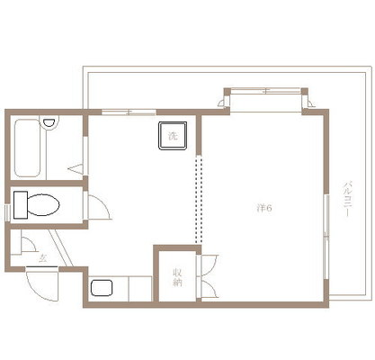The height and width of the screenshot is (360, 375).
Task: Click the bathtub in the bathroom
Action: click(x=27, y=148)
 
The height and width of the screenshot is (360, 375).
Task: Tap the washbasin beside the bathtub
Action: click(x=49, y=123)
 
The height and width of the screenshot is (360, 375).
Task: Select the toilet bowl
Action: click(x=43, y=205)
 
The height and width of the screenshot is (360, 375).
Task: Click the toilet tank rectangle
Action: click(x=21, y=205)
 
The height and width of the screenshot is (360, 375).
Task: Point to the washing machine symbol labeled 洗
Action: click(x=173, y=135)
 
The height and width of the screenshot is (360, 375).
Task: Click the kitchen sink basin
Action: click(x=102, y=288)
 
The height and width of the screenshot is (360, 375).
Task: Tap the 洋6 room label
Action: click(x=264, y=208)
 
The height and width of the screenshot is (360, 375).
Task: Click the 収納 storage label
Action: click(x=177, y=277)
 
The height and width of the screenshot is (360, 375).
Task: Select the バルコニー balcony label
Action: click(x=347, y=198)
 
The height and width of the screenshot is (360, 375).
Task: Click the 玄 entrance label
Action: click(x=43, y=258)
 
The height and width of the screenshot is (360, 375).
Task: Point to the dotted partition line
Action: click(x=197, y=201)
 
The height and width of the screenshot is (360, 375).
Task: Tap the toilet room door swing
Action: click(x=99, y=207)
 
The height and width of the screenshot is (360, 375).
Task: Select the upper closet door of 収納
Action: click(x=208, y=265)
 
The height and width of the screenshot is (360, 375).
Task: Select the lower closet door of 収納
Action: click(x=208, y=289)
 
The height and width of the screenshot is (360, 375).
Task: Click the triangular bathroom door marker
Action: click(x=76, y=168)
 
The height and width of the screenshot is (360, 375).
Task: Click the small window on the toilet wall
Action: click(x=7, y=212)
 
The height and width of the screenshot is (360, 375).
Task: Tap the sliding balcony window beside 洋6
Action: click(x=326, y=237)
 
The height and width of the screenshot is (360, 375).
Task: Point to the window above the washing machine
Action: click(x=129, y=112)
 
